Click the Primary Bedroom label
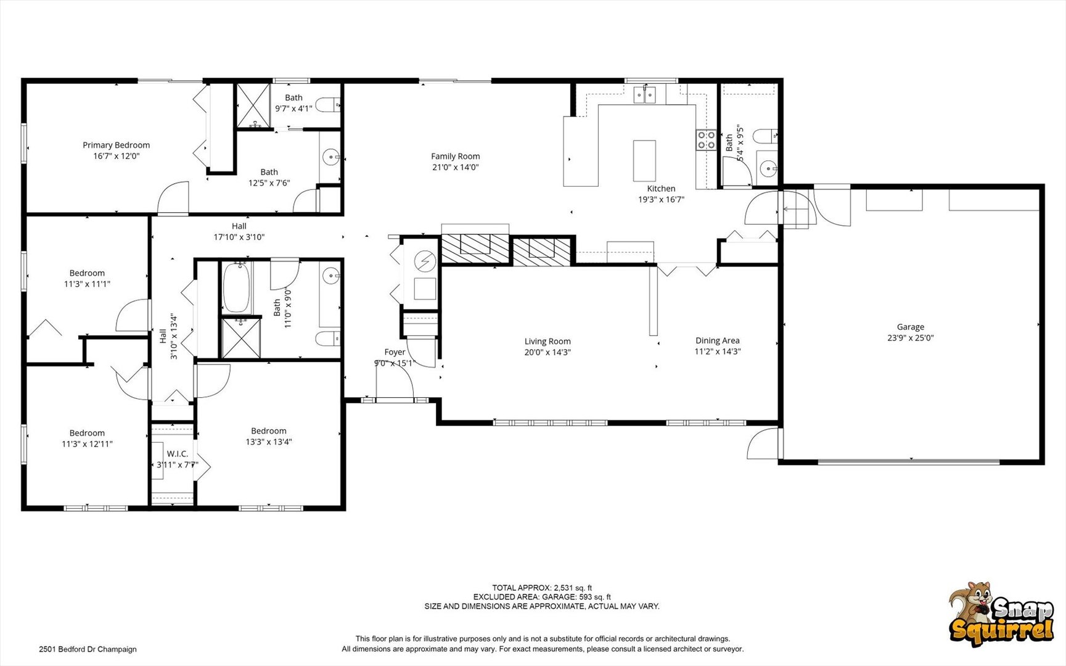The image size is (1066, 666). point(117,146)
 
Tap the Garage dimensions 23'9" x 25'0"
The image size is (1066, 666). point(911,338)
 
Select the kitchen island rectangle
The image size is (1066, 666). point(644,161)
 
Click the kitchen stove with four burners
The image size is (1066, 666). point(706,141)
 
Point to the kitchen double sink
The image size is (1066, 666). point(645,94)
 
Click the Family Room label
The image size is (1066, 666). point(456,157)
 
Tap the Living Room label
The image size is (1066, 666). point(547,342)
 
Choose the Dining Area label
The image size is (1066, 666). point(718,340)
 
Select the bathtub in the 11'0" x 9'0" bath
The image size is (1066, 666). point(236,288)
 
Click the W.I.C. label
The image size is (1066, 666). point(178,454)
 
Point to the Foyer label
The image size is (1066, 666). point(395,352)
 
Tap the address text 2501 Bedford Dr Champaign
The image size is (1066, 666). point(88,649)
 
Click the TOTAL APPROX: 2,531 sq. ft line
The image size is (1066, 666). point(542,588)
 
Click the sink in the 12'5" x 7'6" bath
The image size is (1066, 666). point(332,157)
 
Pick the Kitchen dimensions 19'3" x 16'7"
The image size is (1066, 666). point(662,200)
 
